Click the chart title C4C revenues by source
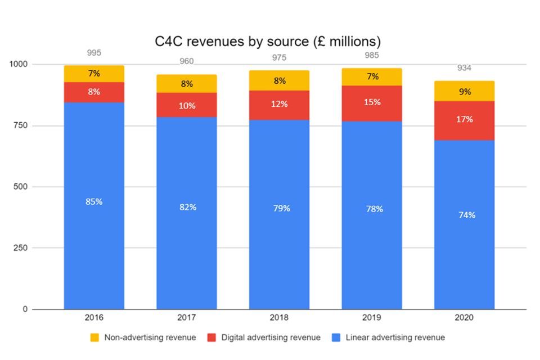268,42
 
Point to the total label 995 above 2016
94,53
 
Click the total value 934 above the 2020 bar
464,68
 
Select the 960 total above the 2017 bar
187,62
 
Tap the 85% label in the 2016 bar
94,201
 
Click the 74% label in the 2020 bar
466,215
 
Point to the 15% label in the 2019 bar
372,102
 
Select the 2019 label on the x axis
372,318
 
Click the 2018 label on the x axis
279,318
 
